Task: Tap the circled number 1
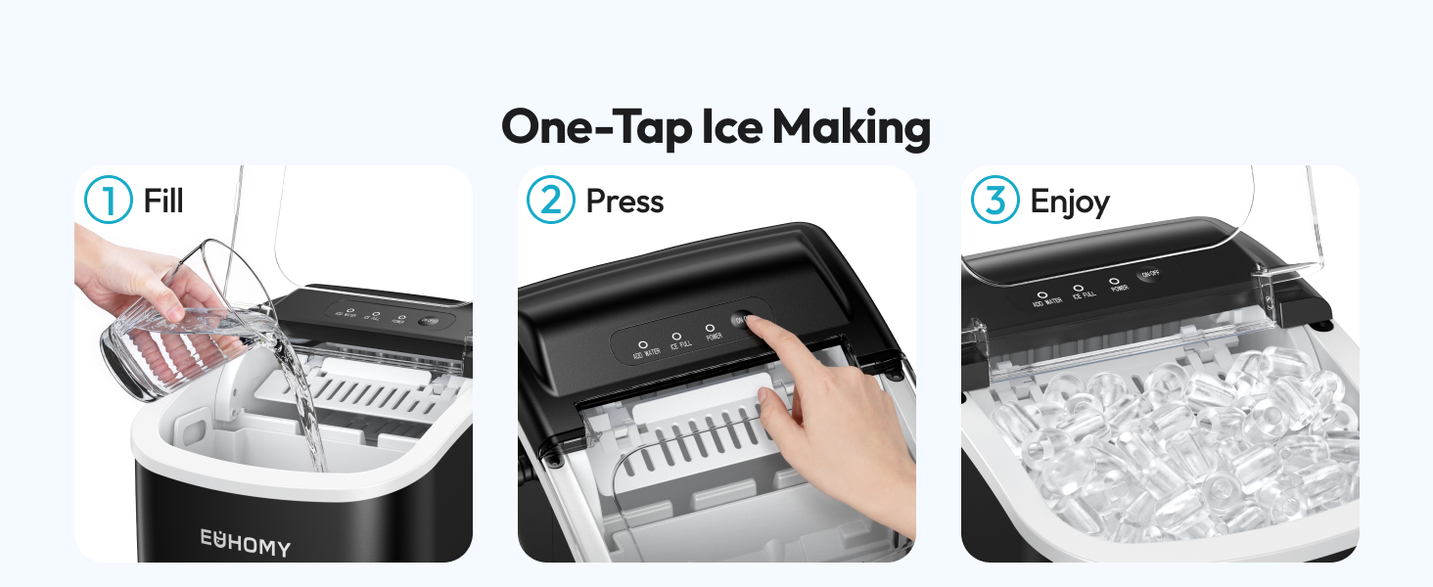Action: click(x=108, y=201)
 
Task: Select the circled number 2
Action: click(x=550, y=201)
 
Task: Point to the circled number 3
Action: click(x=994, y=201)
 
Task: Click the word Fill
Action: click(x=163, y=202)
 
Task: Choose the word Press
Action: click(x=624, y=202)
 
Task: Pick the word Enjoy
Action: click(x=1070, y=203)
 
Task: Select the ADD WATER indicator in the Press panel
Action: click(x=643, y=345)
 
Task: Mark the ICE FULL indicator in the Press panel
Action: click(x=676, y=338)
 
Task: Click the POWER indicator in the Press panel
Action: click(x=710, y=330)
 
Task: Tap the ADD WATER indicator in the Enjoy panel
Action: click(x=1042, y=293)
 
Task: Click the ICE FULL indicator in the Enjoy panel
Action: click(x=1079, y=289)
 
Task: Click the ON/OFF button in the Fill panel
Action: click(x=428, y=320)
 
